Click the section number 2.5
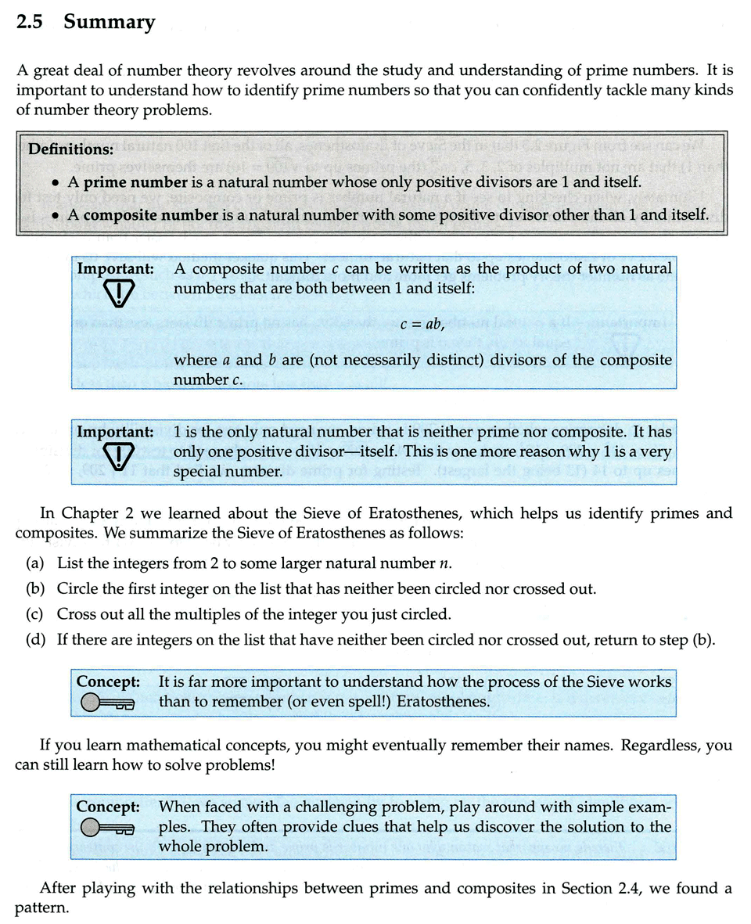[x=28, y=23]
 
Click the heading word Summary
[x=110, y=23]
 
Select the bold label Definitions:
[x=70, y=148]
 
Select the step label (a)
[x=34, y=564]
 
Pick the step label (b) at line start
[x=34, y=589]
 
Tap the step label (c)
[x=34, y=614]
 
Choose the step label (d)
[x=34, y=640]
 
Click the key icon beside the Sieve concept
[x=108, y=703]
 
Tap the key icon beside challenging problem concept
[x=108, y=828]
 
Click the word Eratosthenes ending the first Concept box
[x=443, y=701]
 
